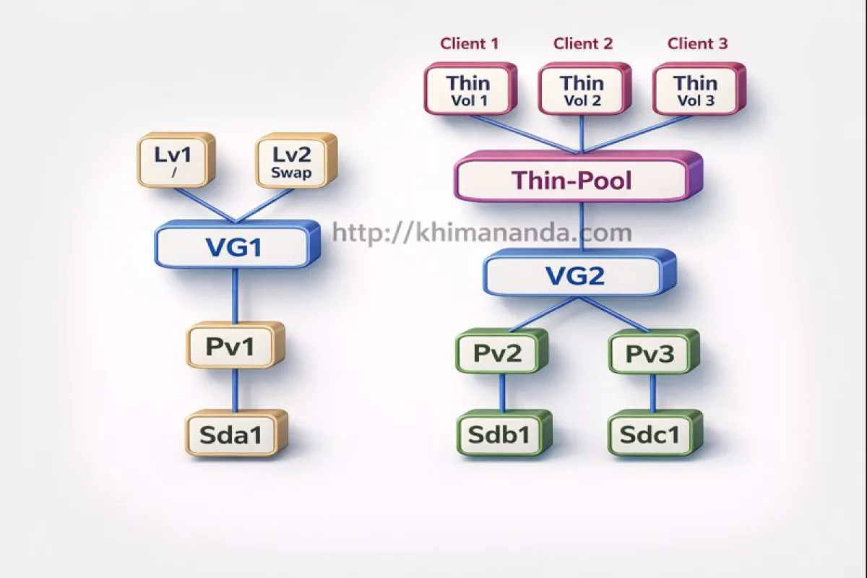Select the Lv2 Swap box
[297, 160]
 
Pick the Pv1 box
[235, 346]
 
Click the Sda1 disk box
[236, 433]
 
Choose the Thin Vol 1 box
[468, 90]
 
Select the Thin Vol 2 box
[582, 90]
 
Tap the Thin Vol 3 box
[696, 90]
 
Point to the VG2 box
[574, 275]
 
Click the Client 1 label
[470, 44]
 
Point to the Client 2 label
[583, 44]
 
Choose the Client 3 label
[697, 44]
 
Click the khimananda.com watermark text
[482, 233]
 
